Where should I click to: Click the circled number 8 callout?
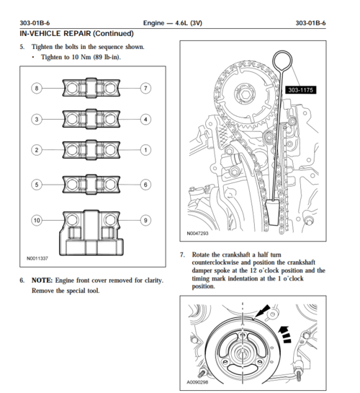point(37,88)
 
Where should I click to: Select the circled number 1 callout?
point(145,150)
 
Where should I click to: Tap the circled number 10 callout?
point(37,221)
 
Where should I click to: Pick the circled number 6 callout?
point(145,185)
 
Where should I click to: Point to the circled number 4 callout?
point(145,119)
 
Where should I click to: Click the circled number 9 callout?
point(145,221)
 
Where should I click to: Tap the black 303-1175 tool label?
point(301,90)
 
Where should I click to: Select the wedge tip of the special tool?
point(272,213)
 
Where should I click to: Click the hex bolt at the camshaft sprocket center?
point(245,94)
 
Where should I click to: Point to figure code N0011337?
point(37,258)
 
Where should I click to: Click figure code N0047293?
point(197,234)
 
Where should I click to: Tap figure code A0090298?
point(197,382)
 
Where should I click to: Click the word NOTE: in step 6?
point(42,281)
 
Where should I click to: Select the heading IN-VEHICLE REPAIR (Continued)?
point(76,34)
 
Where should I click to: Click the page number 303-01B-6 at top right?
point(310,23)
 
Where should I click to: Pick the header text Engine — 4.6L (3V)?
point(173,23)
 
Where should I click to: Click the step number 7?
point(182,255)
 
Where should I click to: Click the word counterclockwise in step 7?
point(215,262)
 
